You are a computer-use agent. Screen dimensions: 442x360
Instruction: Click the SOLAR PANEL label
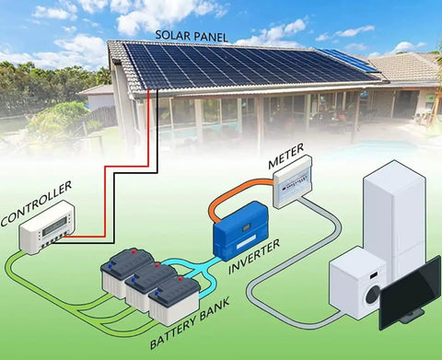click(x=192, y=36)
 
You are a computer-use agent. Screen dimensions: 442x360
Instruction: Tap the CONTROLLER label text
click(x=36, y=203)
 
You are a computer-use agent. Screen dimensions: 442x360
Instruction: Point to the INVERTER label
click(x=254, y=257)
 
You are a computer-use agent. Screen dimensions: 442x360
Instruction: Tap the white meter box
click(x=293, y=182)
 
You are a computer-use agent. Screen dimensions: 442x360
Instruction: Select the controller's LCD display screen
click(x=54, y=226)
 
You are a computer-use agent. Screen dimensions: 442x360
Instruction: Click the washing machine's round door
click(x=372, y=296)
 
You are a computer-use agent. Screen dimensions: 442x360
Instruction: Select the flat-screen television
click(x=411, y=293)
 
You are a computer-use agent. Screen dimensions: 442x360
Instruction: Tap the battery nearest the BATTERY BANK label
click(x=174, y=300)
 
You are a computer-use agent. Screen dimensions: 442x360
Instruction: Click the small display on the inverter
click(x=246, y=228)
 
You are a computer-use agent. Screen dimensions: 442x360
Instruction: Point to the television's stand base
click(x=413, y=316)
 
